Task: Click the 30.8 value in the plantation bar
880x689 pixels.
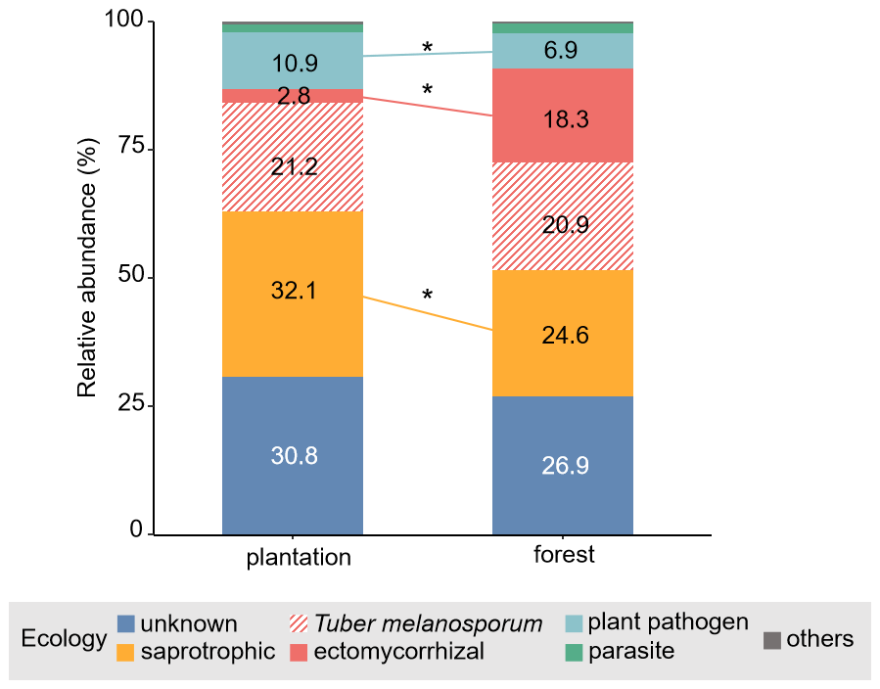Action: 294,456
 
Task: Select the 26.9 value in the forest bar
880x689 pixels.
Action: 564,466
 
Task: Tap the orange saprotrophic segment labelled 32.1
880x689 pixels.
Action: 294,292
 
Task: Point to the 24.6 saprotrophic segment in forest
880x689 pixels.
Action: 564,334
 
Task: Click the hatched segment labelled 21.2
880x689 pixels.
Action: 294,166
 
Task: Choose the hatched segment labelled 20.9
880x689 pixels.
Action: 564,225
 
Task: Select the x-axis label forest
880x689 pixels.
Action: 564,555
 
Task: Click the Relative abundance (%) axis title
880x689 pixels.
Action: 87,279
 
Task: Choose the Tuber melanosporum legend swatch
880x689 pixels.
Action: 301,624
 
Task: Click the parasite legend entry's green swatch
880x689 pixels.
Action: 575,651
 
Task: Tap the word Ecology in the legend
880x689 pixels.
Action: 64,639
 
